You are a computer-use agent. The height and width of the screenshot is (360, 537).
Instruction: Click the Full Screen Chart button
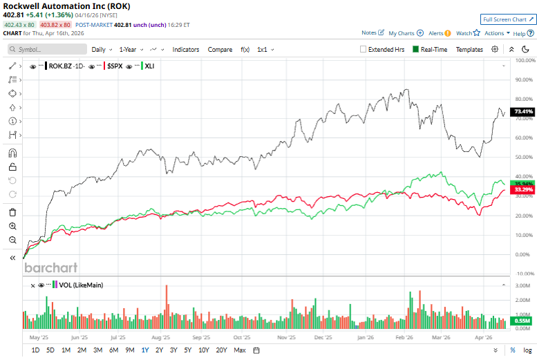point(508,19)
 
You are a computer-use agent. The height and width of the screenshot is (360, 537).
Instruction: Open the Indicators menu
point(185,50)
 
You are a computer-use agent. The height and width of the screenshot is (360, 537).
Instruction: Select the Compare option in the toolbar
point(220,50)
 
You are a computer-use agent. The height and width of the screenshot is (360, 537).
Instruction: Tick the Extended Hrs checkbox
point(364,50)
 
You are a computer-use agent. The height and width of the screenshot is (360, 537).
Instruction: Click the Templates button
point(469,50)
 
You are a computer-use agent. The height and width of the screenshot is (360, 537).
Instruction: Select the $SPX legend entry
point(115,66)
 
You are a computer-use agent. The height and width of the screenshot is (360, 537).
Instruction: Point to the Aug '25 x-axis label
point(160,338)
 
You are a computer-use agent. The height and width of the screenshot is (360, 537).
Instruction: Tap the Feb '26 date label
point(405,338)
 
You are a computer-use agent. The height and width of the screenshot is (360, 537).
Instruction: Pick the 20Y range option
point(221,350)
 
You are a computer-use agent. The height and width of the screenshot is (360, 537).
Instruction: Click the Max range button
point(240,350)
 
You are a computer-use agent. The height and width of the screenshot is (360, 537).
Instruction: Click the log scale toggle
point(527,350)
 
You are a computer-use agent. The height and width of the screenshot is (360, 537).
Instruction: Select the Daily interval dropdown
point(101,50)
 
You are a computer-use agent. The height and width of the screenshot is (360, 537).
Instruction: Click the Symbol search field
point(45,50)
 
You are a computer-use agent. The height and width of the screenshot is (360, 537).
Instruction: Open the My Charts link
point(406,33)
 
